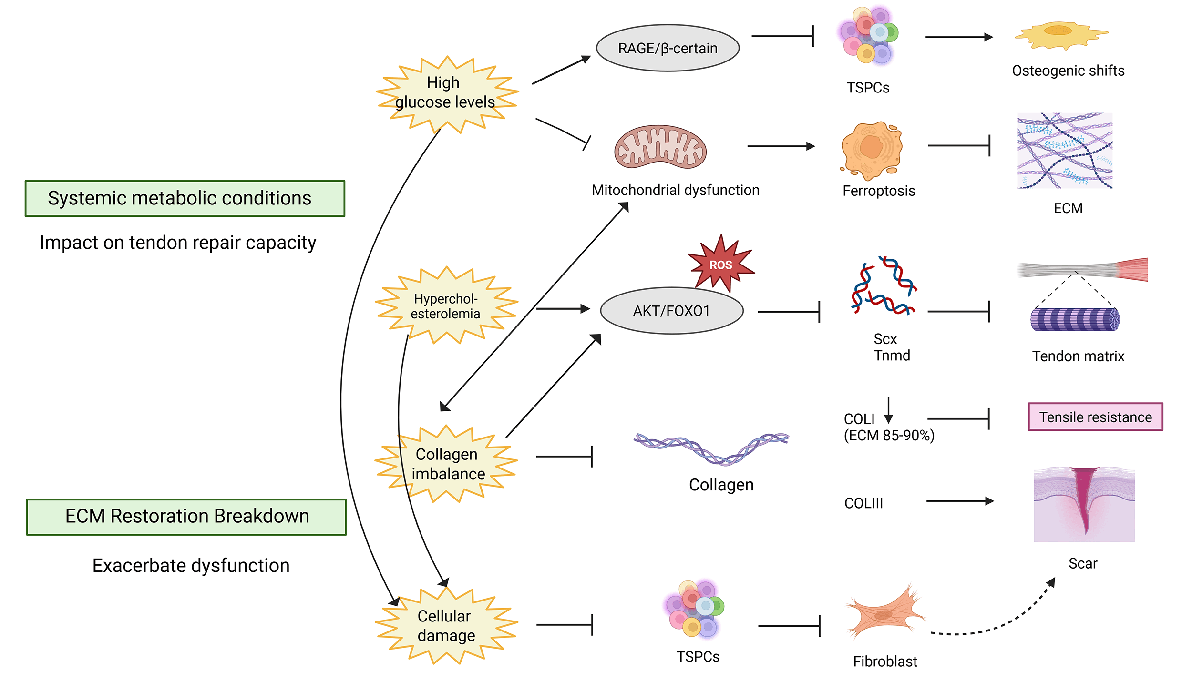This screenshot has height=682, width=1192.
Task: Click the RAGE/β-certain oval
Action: (x=668, y=48)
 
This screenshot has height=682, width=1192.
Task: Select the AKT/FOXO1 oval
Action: (x=671, y=311)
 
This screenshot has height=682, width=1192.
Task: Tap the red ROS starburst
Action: (x=720, y=264)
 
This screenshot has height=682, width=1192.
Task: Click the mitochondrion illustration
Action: (x=660, y=147)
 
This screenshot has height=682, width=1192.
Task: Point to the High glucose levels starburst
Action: (x=446, y=94)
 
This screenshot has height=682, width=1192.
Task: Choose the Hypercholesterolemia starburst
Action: (x=446, y=305)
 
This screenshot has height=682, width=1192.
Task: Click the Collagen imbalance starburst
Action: (x=446, y=464)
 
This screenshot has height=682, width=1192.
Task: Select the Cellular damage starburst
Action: (x=446, y=625)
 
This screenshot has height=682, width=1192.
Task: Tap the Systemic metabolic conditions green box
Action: (x=185, y=198)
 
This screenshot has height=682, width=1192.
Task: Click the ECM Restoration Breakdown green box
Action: (x=186, y=517)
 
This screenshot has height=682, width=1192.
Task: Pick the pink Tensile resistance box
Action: (x=1095, y=417)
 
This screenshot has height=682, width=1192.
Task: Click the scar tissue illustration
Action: (x=1084, y=505)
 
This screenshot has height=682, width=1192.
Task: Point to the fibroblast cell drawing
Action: (x=884, y=612)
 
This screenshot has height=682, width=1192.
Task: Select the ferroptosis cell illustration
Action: (x=871, y=150)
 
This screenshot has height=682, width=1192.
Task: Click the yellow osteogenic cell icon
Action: (x=1061, y=35)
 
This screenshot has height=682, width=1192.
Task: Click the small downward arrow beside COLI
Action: (x=888, y=410)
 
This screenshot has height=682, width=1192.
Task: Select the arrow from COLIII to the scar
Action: (x=960, y=501)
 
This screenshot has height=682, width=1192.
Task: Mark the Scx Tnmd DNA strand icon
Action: (x=884, y=285)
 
